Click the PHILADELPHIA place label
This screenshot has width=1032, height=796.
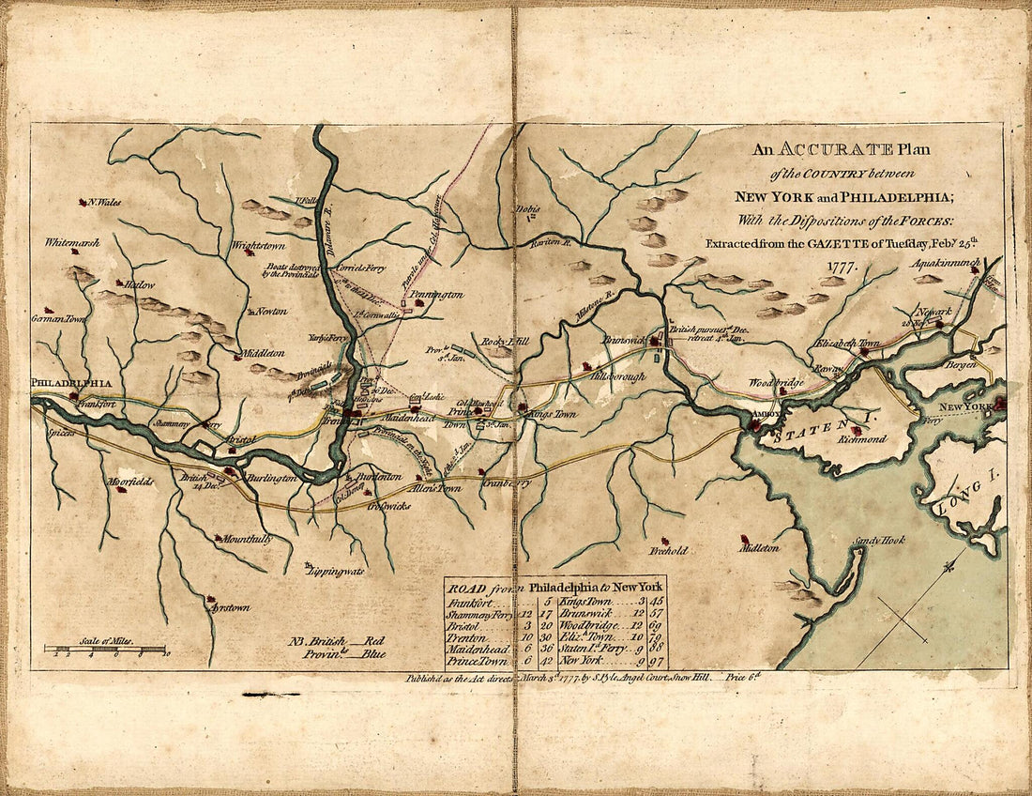point(72,383)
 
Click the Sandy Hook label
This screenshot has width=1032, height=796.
point(876,542)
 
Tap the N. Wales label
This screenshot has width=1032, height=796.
point(104,202)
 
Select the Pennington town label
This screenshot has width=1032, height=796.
point(436,295)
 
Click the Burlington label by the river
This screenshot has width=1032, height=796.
point(272,478)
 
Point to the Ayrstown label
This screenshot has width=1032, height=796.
point(230,607)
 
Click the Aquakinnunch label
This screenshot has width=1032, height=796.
point(946,264)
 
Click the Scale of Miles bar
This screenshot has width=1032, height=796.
point(104,649)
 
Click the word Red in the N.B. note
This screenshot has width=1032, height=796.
point(372,640)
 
